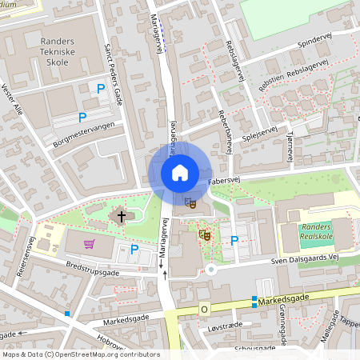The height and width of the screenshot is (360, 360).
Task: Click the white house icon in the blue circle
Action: coord(180,173)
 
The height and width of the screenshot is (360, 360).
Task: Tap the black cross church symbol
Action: coord(122,215)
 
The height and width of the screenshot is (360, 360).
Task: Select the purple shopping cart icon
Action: coord(90,243)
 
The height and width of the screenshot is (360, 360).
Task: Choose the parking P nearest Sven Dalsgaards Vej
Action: coord(234,240)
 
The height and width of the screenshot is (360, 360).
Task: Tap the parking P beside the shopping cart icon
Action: coord(134,250)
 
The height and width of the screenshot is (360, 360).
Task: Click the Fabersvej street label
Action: coord(225,182)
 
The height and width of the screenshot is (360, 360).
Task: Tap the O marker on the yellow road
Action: coord(203,309)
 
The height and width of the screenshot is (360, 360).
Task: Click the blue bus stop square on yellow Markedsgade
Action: coord(254,301)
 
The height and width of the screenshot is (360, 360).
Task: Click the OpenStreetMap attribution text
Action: coord(80,354)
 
